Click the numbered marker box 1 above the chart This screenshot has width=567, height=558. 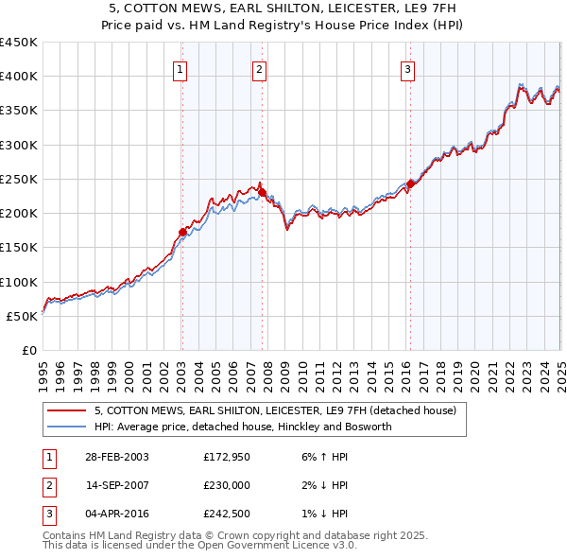coord(180,68)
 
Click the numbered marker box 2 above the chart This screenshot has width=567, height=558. coord(259,68)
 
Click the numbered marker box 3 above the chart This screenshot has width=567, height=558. coord(407,68)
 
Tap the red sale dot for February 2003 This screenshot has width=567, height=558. coord(183,232)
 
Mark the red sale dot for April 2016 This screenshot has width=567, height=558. coord(410,184)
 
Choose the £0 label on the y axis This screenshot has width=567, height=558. coord(27,350)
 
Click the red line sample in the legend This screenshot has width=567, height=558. coord(67,410)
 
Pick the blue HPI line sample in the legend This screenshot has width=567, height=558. coord(67,427)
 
